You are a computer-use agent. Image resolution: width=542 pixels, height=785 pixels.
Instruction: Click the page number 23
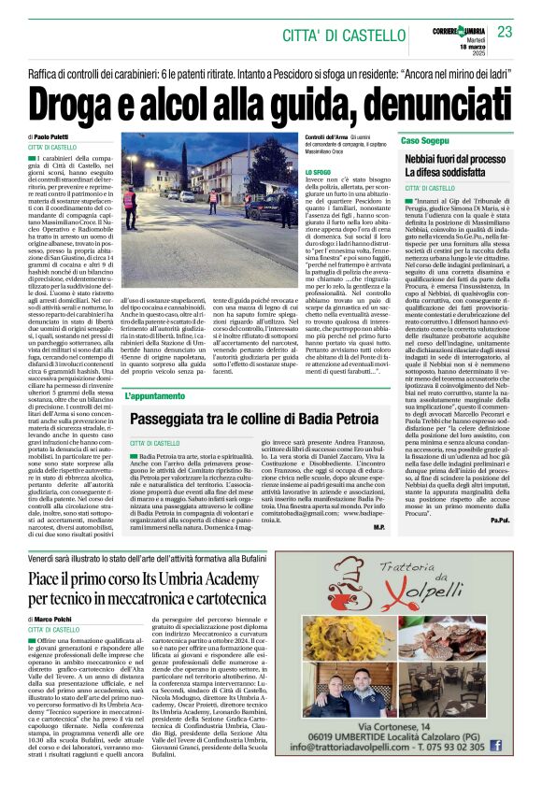(x=506, y=31)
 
